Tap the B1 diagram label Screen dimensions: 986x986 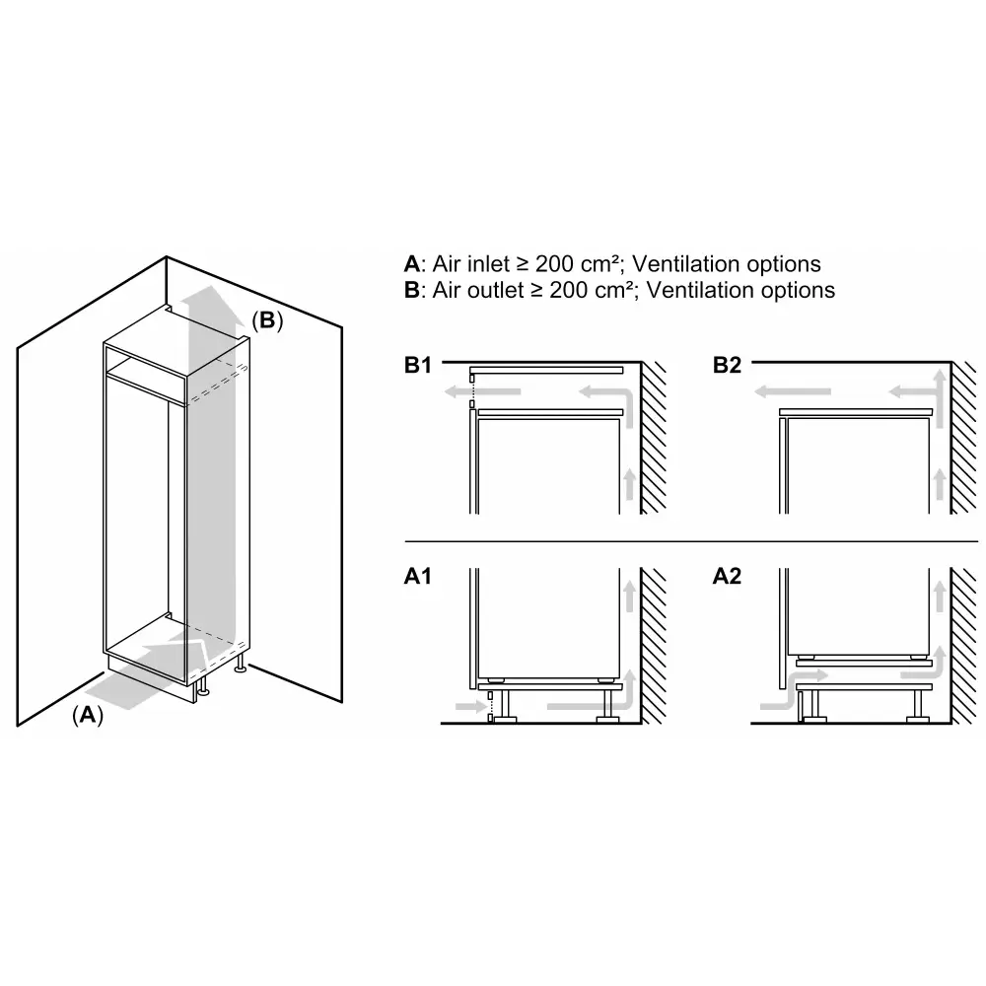tap(419, 367)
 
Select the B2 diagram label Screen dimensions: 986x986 tap(727, 367)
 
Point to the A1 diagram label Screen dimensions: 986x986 tap(419, 577)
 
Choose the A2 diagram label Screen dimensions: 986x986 tap(727, 577)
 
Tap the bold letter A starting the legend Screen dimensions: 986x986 tap(411, 264)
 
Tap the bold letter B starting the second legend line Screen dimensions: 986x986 tap(411, 290)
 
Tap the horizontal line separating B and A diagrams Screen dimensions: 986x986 tap(690, 540)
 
